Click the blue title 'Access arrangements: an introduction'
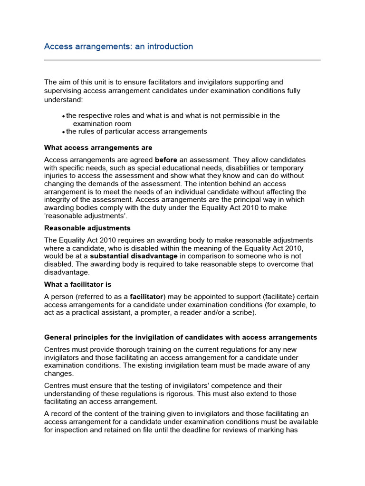(118, 47)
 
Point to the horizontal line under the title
(182, 60)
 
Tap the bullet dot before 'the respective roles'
(64, 116)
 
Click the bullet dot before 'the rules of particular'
(64, 132)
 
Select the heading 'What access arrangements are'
(98, 148)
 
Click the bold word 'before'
(166, 159)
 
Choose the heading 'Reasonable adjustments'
(87, 228)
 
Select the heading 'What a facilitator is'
(77, 284)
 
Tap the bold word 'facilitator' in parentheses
(146, 296)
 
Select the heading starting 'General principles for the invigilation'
(180, 337)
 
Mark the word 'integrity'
(58, 200)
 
